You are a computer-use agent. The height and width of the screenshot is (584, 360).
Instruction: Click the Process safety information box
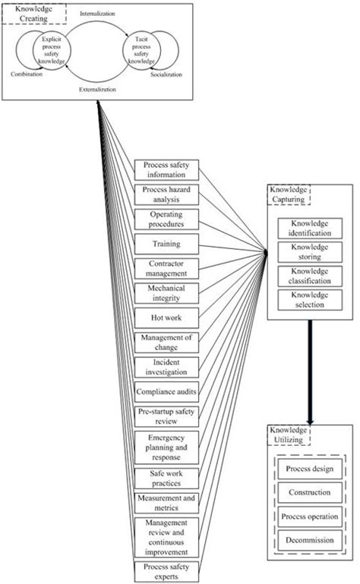point(167,169)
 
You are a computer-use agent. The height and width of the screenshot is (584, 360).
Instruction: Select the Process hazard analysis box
point(167,194)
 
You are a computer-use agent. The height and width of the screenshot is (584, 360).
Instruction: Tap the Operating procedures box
point(167,219)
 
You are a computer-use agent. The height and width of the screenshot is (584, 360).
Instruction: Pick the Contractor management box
point(167,268)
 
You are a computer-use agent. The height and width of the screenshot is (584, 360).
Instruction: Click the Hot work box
point(167,317)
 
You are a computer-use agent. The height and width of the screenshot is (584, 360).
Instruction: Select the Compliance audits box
point(167,391)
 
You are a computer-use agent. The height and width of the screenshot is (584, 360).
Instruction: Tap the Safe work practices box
point(167,477)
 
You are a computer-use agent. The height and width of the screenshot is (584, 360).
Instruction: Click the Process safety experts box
point(167,570)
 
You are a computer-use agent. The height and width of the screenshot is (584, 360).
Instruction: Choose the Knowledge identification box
point(311,229)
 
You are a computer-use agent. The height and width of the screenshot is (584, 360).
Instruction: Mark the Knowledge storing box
point(311,251)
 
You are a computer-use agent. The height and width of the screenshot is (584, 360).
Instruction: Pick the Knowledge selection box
point(311,298)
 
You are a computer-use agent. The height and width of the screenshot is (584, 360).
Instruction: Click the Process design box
point(310,469)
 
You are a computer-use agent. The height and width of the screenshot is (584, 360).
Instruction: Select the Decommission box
point(310,539)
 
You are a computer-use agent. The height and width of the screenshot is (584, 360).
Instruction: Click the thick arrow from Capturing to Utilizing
point(311,372)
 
